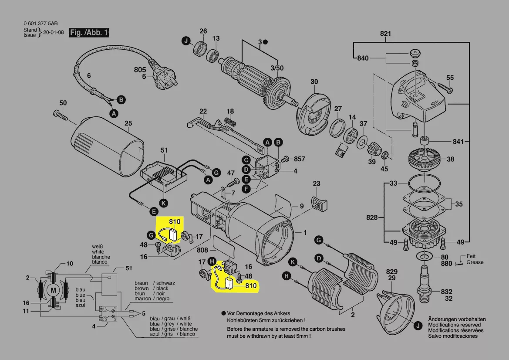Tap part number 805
click(140, 69)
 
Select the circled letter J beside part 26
click(186, 41)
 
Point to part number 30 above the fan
click(314, 82)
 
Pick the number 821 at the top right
click(385, 34)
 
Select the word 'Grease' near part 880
click(475, 262)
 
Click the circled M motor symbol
click(54, 290)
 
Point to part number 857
click(300, 159)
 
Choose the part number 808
click(202, 251)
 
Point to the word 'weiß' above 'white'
click(98, 247)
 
